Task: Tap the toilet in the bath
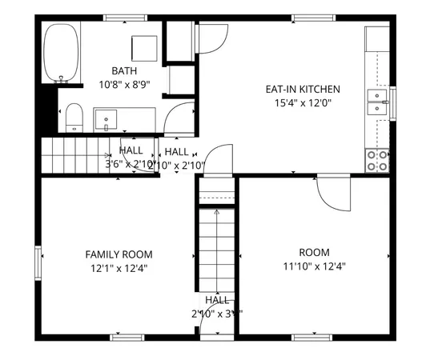(x=74, y=117)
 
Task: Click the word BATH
(x=124, y=71)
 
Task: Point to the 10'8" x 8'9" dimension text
(x=124, y=84)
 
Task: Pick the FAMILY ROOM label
(x=119, y=254)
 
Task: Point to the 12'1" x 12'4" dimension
(x=119, y=268)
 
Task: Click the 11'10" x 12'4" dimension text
(x=314, y=267)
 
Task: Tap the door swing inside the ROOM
(x=332, y=192)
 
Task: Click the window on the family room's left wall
(x=38, y=262)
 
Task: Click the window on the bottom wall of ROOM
(x=312, y=337)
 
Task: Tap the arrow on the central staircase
(x=217, y=213)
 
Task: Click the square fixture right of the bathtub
(x=144, y=48)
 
